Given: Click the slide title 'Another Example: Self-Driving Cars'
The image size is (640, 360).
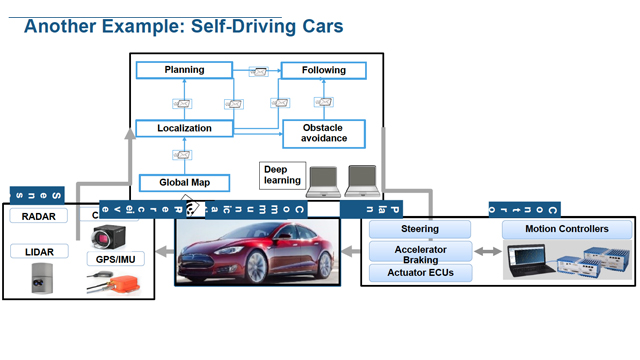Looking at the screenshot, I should point(182,26).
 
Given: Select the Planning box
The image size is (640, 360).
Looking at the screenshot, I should point(184,70).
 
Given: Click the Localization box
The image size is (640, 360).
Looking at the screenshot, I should point(184,128).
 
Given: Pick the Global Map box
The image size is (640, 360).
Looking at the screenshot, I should point(184,182).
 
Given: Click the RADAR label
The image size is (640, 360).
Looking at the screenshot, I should point(38,215).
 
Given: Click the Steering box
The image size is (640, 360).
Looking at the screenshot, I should point(420,230).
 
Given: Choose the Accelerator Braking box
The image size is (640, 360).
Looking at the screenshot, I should point(420,252).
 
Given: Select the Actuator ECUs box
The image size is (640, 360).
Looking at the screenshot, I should point(420,272).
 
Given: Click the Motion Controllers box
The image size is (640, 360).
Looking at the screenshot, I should point(566,230).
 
